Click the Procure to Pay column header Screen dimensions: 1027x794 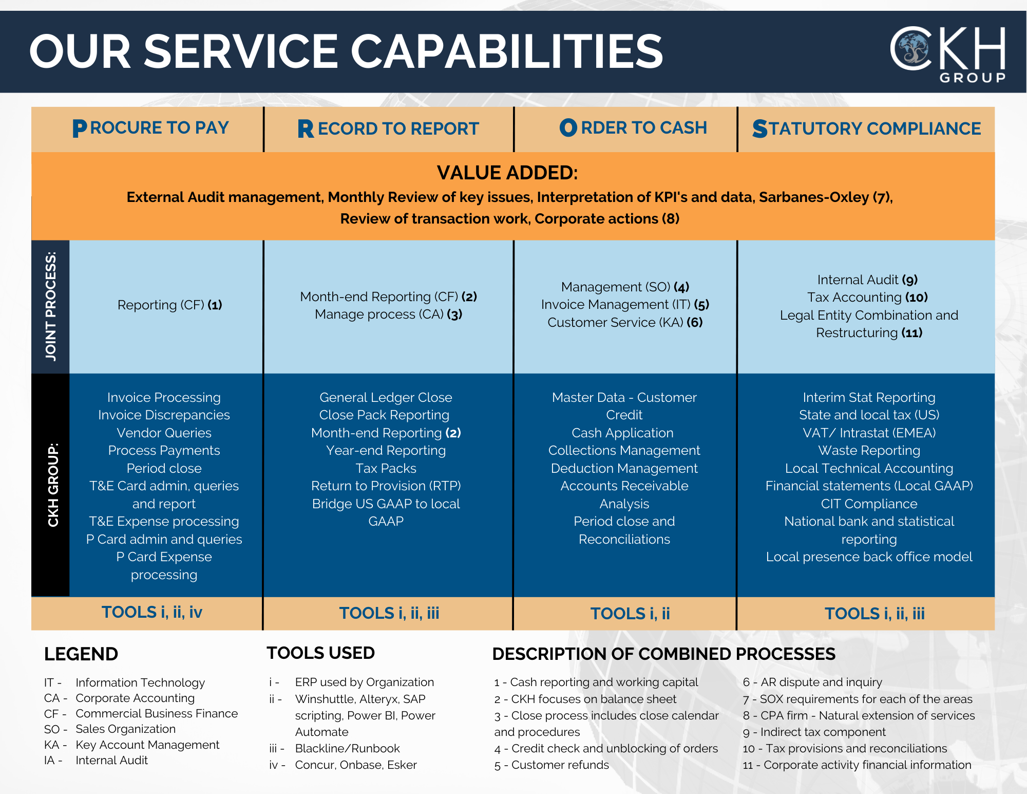click(150, 128)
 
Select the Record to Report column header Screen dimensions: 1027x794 click(388, 128)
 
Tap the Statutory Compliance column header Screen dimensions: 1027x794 click(866, 128)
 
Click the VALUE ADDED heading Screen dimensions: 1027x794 click(507, 173)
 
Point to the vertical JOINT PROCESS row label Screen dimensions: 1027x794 click(50, 306)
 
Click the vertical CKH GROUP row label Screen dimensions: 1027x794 click(53, 485)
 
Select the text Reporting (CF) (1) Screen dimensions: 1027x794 click(170, 305)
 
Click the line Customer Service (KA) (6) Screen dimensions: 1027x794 click(625, 322)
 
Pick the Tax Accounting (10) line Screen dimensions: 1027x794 click(867, 297)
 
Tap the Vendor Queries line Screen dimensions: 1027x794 click(164, 433)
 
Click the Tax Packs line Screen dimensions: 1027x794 click(386, 468)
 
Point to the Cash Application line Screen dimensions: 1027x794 click(622, 433)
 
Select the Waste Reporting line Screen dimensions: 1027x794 click(869, 450)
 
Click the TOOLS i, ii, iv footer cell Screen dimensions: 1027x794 click(152, 612)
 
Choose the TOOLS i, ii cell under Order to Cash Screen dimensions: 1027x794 click(630, 613)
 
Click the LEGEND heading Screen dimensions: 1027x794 click(81, 654)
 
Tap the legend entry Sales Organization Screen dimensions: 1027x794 click(125, 729)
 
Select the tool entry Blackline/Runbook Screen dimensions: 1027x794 click(347, 748)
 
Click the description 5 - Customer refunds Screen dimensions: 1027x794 click(551, 765)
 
